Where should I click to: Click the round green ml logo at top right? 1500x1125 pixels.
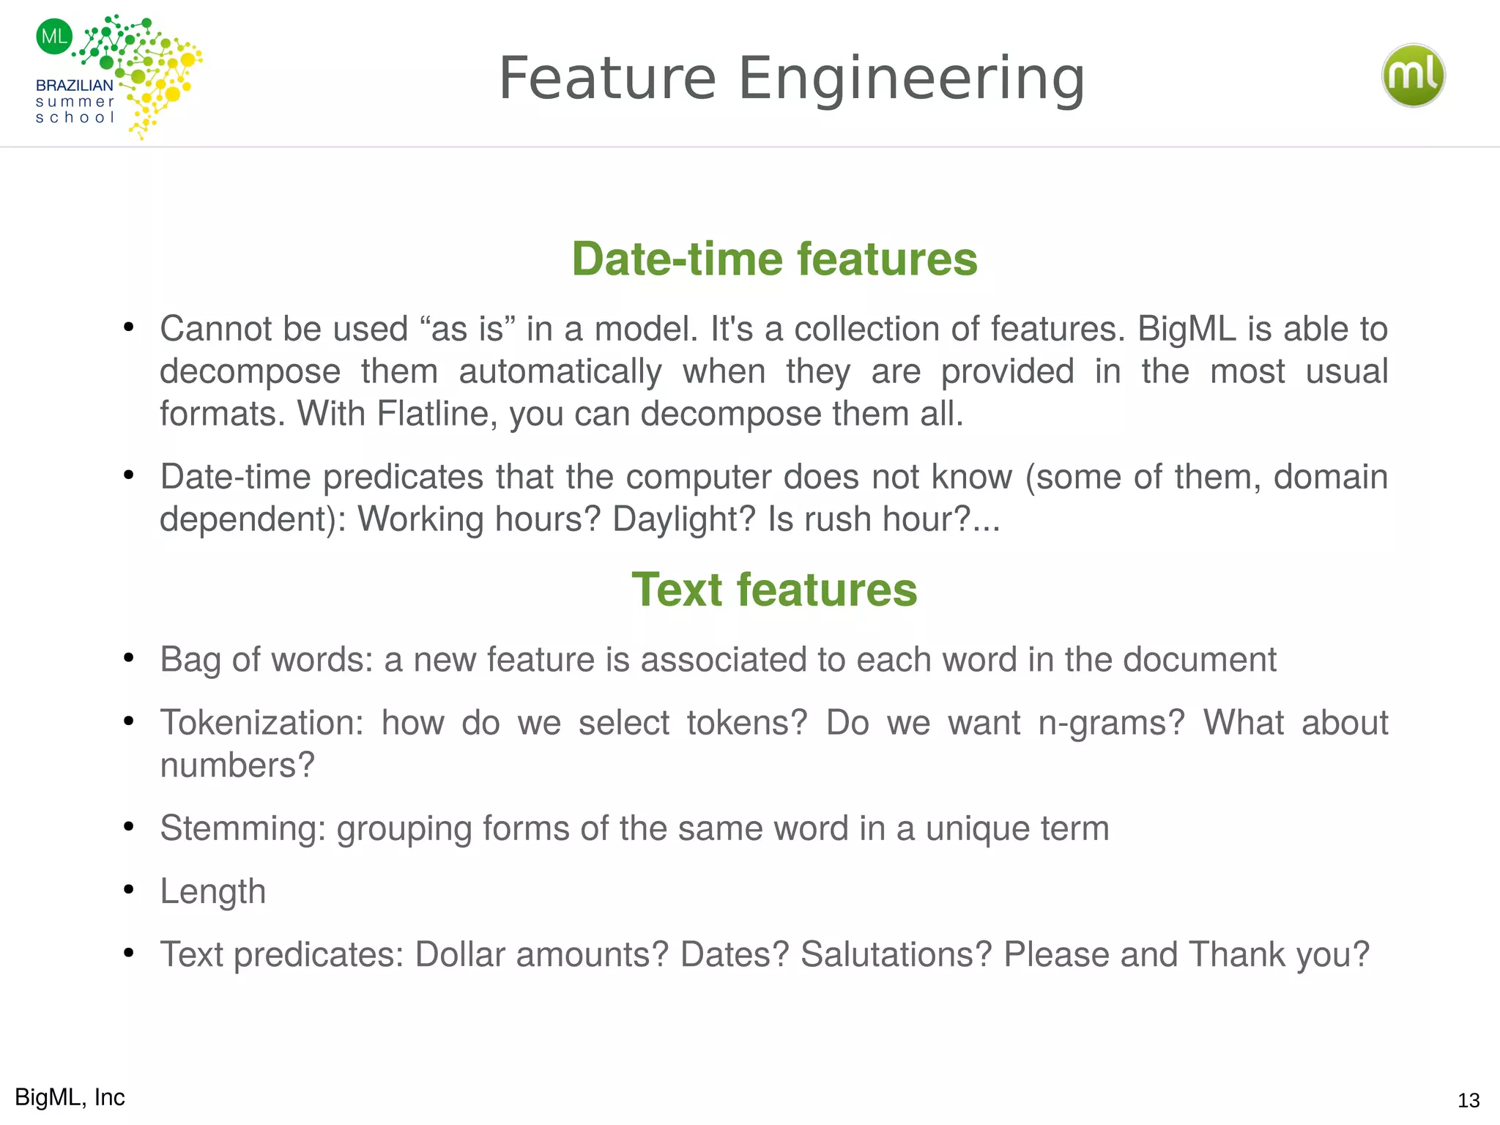(x=1413, y=75)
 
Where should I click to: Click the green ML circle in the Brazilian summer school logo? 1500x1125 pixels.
(x=54, y=37)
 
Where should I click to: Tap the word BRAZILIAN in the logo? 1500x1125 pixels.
(x=75, y=85)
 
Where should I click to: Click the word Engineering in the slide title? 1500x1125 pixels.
(x=910, y=78)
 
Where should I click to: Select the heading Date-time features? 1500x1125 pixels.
(x=774, y=259)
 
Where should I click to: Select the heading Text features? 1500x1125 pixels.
(x=774, y=590)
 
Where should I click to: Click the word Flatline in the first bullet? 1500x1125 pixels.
(x=437, y=414)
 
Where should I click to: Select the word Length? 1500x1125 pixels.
(x=212, y=891)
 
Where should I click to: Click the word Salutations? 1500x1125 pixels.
(x=896, y=954)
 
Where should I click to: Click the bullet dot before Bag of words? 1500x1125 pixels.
(x=129, y=658)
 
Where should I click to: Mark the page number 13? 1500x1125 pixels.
(x=1469, y=1100)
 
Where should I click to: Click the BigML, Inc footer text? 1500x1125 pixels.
(x=70, y=1097)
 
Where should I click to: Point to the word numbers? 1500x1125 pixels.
(x=237, y=765)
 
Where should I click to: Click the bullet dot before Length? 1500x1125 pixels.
(x=129, y=890)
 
